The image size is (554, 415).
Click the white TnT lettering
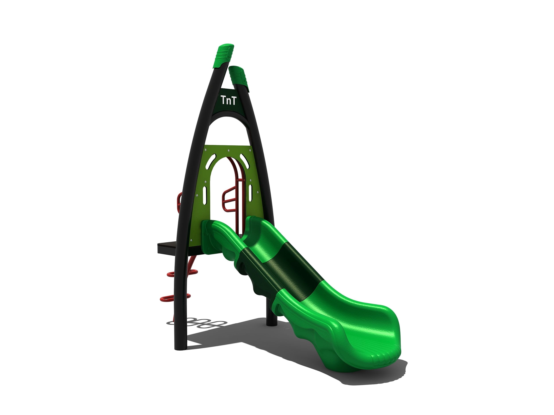228,100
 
